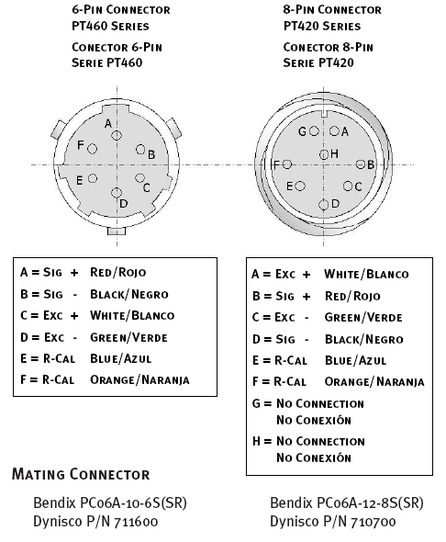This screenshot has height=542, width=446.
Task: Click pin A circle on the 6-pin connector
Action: click(x=117, y=135)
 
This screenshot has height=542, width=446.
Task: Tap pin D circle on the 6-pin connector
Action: click(x=117, y=193)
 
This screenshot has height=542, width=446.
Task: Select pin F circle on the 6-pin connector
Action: click(x=92, y=149)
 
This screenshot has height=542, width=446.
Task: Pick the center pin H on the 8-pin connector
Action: click(x=324, y=154)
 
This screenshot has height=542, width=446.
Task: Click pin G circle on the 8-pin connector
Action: click(x=314, y=131)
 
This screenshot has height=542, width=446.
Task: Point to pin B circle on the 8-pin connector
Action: click(x=361, y=164)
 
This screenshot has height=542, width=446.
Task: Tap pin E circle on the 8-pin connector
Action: click(x=300, y=186)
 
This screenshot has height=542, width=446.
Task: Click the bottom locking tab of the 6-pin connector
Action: click(x=117, y=231)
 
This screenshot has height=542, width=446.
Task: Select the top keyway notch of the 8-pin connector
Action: click(x=324, y=113)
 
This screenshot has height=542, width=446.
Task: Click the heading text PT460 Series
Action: click(x=110, y=27)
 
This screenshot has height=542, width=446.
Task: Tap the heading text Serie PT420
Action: click(x=318, y=62)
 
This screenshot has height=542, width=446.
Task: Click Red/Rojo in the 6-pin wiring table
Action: click(x=118, y=273)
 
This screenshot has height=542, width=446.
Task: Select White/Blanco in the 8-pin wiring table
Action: click(x=366, y=275)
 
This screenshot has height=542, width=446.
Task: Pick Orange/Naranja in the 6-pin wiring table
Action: click(x=139, y=380)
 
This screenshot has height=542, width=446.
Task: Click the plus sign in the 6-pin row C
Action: click(x=74, y=316)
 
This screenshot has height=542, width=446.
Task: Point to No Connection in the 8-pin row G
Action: click(x=320, y=403)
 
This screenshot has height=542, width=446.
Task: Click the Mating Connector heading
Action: click(x=81, y=474)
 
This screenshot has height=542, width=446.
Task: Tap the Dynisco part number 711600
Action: click(x=136, y=521)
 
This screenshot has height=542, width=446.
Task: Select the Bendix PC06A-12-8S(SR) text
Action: click(x=347, y=502)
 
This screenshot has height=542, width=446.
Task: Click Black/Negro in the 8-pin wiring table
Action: click(x=363, y=340)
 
